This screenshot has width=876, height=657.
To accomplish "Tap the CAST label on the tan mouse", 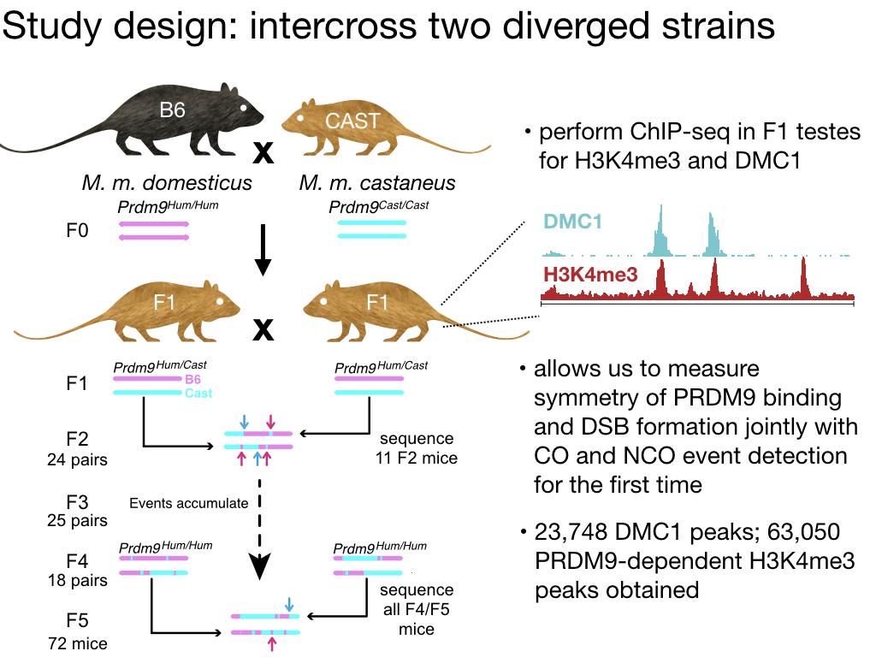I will (x=352, y=121).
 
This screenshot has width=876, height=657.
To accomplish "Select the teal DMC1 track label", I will (x=573, y=222).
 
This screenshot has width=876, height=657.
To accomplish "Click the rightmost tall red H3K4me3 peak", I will (x=803, y=275).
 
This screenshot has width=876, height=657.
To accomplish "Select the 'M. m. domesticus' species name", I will (x=167, y=182).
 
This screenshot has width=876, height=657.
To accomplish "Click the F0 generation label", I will (x=78, y=231).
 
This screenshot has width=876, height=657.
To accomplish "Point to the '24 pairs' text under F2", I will (x=78, y=460).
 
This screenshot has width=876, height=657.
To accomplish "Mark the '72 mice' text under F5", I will (x=78, y=642).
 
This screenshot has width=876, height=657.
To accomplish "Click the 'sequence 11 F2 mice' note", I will (x=417, y=449).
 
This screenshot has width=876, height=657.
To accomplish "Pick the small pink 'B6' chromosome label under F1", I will (x=193, y=379).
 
